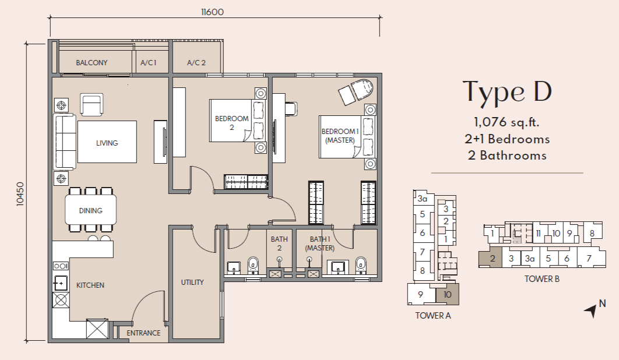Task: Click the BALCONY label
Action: [92, 62]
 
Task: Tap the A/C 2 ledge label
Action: [196, 62]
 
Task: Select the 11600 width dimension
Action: [212, 12]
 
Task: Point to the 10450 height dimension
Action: [20, 193]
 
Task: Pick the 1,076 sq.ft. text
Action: [507, 122]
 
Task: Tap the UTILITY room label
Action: [192, 283]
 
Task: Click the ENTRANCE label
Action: [143, 333]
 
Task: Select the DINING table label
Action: [90, 210]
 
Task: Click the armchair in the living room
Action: [92, 105]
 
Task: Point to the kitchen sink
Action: [61, 283]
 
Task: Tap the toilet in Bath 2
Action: [252, 265]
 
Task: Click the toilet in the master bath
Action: [360, 265]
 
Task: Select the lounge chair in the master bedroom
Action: [356, 91]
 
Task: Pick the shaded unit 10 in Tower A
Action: [447, 294]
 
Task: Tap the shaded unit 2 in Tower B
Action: [490, 259]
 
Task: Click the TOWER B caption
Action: [541, 278]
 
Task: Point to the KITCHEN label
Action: [90, 285]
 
